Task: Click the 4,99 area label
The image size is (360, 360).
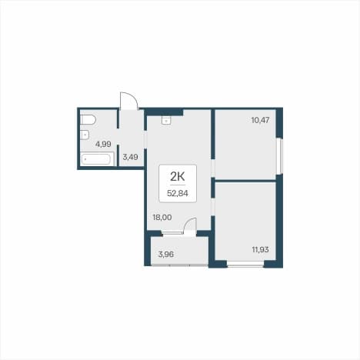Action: pos(103,144)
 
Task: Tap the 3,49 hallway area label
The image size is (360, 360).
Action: pos(130,157)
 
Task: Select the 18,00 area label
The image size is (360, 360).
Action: pos(162,218)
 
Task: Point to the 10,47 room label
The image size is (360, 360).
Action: pos(260,120)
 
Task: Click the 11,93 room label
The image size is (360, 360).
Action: pos(260,249)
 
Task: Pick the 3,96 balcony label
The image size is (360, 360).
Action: pos(166,255)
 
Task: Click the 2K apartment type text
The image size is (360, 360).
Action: pos(178,177)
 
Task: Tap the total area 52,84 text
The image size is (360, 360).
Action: pos(178,193)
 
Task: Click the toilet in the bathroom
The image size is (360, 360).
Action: pos(88,120)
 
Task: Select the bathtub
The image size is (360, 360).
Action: pos(97,159)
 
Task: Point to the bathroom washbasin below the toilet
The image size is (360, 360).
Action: pos(85,135)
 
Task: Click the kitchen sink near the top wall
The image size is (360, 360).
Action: pos(166,120)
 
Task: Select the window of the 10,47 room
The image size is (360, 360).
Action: pos(281,156)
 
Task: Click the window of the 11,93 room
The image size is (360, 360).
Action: pos(245,265)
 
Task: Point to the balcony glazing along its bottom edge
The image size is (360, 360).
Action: pos(179,265)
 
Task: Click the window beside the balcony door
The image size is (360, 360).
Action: pos(172,233)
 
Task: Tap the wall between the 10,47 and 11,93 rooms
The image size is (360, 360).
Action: pos(245,181)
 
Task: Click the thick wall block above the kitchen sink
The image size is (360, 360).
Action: pos(164,112)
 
